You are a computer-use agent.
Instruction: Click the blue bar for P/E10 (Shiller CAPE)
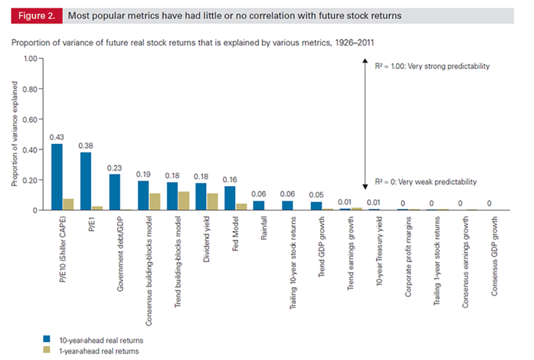point(57,177)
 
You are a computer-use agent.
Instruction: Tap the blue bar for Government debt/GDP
point(115,192)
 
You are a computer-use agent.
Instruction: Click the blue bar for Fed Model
point(230,198)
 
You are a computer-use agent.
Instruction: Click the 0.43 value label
point(57,137)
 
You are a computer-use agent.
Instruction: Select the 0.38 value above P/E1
point(86,146)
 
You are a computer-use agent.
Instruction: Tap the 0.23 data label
point(115,168)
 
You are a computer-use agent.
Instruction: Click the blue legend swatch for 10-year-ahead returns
point(47,340)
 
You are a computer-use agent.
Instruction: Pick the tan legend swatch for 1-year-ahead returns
point(47,351)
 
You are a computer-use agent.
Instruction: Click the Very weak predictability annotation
point(426,182)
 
